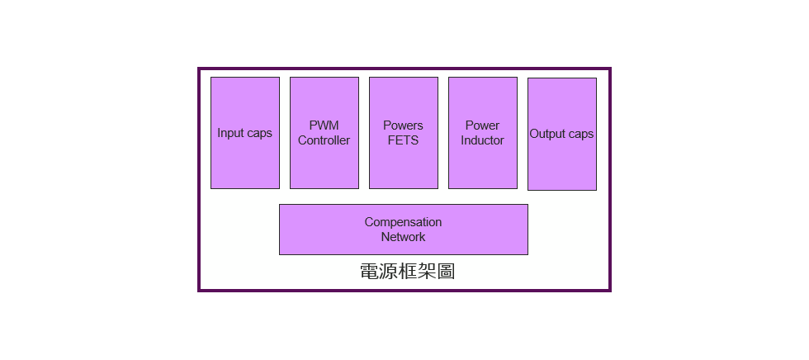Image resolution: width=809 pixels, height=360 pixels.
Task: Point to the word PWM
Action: coord(324,126)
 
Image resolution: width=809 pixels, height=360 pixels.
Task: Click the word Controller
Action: coord(324,140)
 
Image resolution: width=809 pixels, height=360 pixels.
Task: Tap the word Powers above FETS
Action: coord(403,126)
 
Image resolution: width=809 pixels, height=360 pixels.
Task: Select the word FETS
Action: coord(403,140)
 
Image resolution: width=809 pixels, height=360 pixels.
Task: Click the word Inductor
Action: coord(482,140)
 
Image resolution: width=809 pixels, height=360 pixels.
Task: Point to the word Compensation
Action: coord(403,222)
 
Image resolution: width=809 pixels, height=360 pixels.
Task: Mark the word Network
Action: coord(403,237)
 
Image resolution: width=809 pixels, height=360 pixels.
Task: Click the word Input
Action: coord(231,133)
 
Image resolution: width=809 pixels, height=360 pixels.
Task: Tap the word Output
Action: coord(546,134)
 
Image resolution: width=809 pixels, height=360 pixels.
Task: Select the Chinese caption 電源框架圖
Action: coord(407,272)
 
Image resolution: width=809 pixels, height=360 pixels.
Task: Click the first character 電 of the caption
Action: coord(370,272)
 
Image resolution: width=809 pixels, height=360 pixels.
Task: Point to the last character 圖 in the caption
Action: coord(446,272)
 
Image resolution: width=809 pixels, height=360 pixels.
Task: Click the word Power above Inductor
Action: coord(482,126)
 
